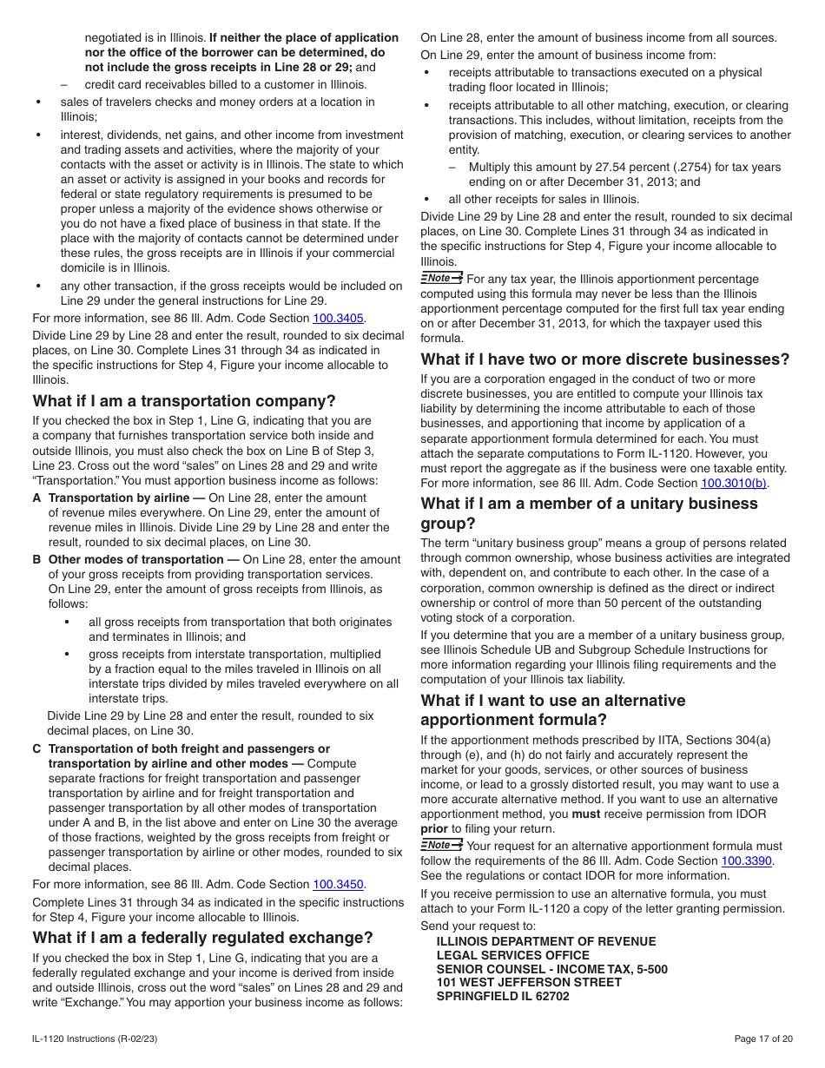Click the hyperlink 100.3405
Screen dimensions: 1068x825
tap(338, 318)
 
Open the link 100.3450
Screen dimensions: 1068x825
tap(338, 884)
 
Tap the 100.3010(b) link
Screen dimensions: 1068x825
tap(734, 483)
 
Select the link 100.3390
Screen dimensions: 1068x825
tap(746, 860)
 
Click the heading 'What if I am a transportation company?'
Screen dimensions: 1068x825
tap(184, 401)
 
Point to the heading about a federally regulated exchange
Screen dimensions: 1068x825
tap(202, 938)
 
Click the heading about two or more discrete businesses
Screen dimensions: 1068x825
tap(605, 359)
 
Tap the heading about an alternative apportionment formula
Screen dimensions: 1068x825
tap(553, 710)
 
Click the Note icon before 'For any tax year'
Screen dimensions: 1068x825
tap(441, 278)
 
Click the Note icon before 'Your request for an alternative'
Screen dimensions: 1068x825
tap(441, 845)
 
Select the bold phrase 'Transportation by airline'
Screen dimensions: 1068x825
tap(119, 498)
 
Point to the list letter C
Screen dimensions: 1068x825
tap(37, 748)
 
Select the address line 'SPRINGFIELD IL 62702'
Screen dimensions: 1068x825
tap(503, 996)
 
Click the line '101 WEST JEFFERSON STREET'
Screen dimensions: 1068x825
tap(529, 982)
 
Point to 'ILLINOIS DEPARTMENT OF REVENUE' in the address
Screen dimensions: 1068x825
tap(546, 941)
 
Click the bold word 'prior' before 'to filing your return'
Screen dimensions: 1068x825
tap(434, 828)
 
